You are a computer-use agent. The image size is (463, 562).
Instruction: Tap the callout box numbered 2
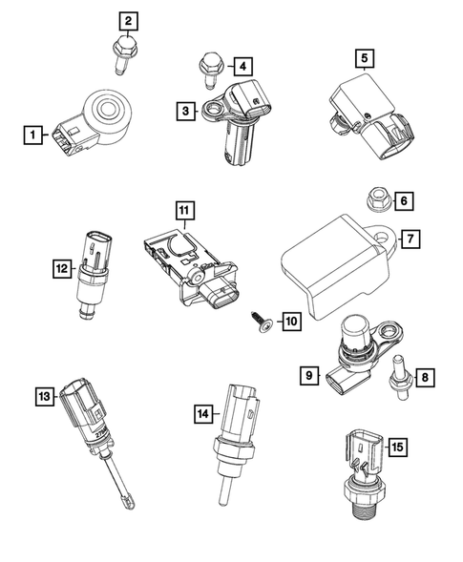(126, 19)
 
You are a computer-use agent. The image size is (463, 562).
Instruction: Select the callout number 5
(364, 58)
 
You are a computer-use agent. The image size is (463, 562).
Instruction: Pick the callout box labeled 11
(182, 208)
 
